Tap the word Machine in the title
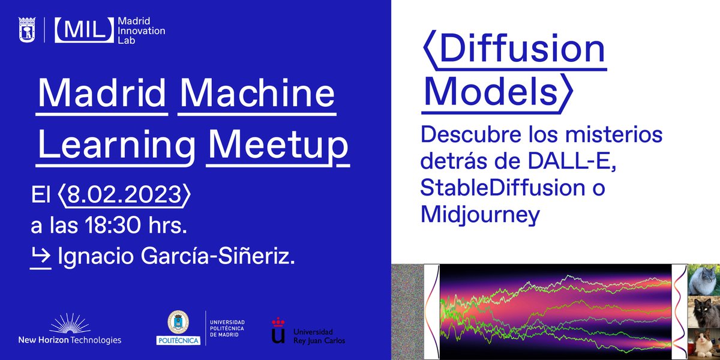257,95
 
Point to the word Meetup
277,146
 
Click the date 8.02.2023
124,195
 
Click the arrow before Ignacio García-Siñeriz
41,258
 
